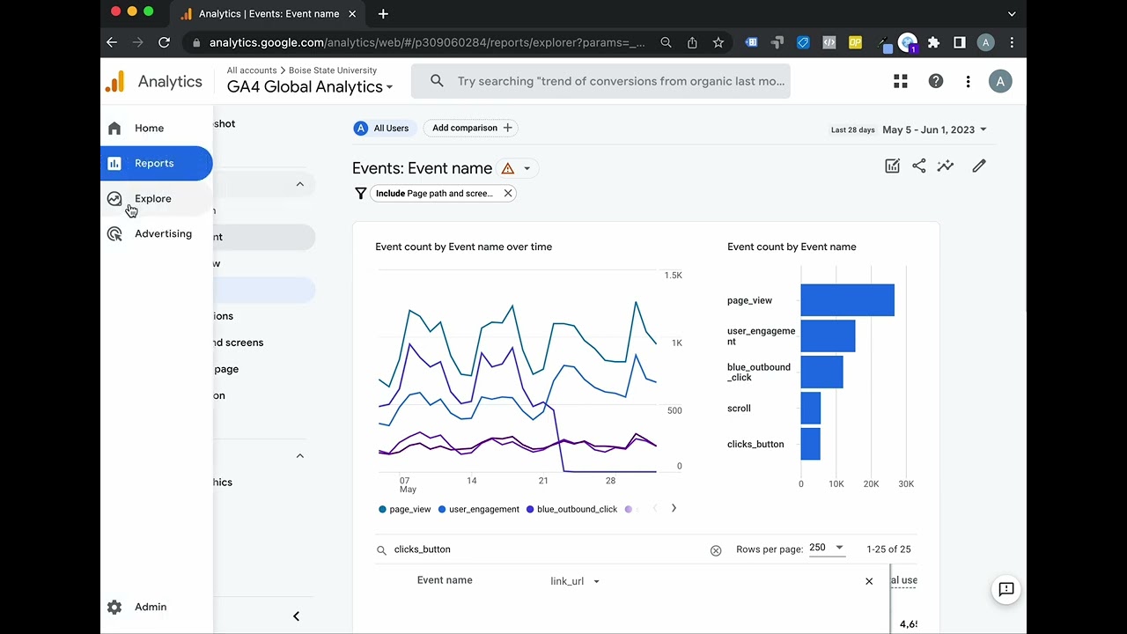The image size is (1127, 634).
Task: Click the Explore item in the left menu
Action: (152, 199)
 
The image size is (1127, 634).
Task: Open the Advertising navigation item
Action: (162, 234)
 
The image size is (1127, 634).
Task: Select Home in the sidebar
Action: (149, 129)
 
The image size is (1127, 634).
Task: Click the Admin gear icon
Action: (114, 607)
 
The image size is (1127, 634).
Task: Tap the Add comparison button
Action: (471, 129)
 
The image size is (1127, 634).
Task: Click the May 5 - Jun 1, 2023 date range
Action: (933, 130)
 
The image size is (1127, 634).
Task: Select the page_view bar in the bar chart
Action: (847, 300)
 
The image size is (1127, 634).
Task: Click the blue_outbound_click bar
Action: (821, 372)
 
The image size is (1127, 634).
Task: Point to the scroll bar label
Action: (739, 409)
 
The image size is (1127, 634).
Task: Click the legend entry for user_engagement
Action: (483, 509)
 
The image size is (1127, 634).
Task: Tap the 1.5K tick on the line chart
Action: (673, 276)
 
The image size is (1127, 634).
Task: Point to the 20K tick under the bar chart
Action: (871, 484)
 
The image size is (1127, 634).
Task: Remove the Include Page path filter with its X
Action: (508, 194)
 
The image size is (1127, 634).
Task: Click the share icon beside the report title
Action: (918, 166)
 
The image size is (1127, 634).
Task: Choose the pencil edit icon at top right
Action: (978, 166)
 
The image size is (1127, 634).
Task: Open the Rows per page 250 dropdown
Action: (826, 548)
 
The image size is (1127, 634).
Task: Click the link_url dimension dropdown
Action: (575, 581)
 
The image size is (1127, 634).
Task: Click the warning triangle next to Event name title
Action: (507, 169)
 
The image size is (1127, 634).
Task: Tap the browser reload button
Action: (164, 42)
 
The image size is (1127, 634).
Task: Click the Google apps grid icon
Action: (900, 82)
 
